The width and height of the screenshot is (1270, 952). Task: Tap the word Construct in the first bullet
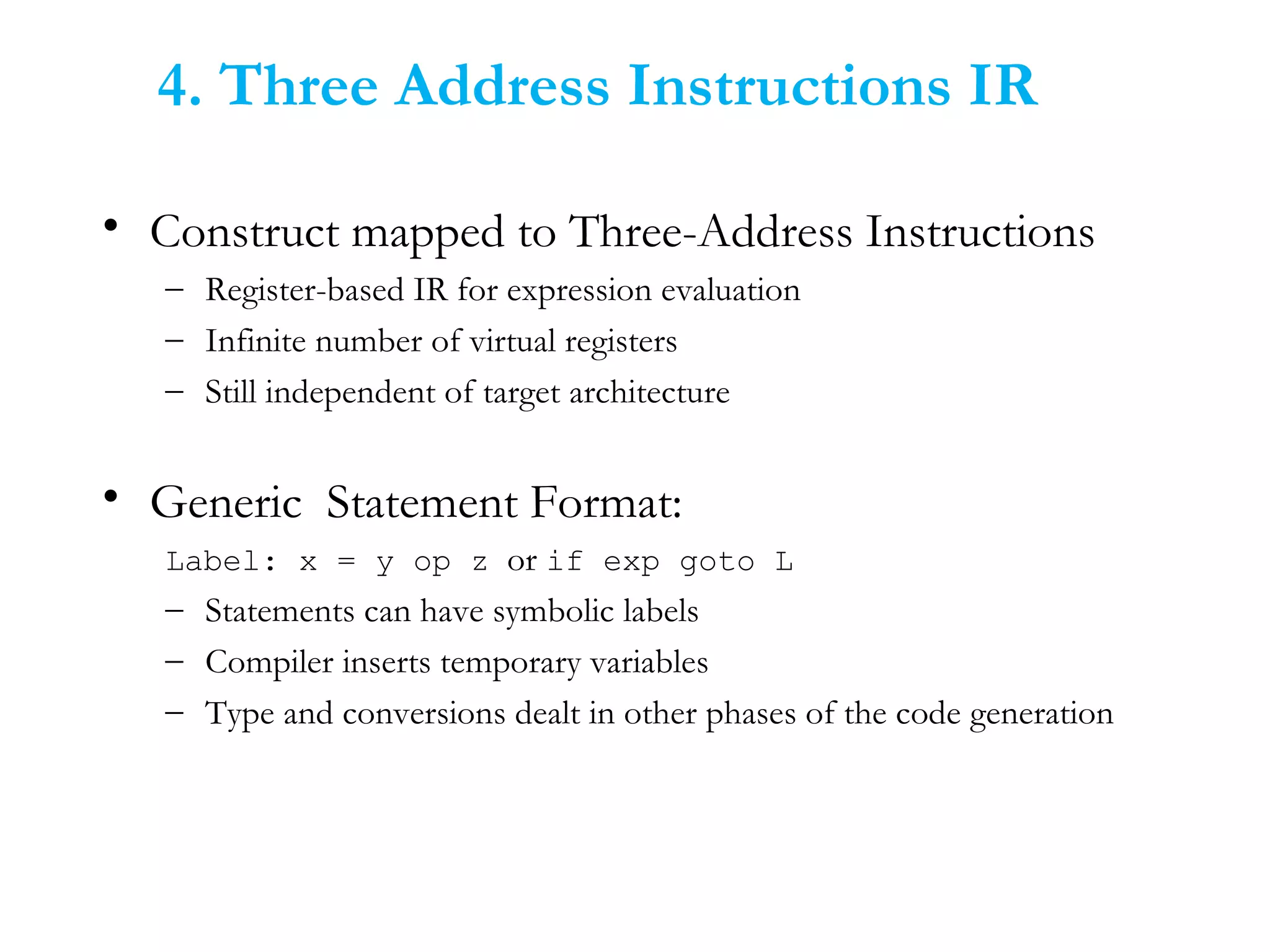[x=244, y=232]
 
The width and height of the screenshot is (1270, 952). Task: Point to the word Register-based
[x=304, y=290]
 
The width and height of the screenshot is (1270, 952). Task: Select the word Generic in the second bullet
[x=226, y=503]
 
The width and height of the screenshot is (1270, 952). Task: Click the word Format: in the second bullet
[x=606, y=503]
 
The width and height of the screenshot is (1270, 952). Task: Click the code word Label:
[x=221, y=562]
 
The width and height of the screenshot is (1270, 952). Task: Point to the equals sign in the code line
[x=347, y=562]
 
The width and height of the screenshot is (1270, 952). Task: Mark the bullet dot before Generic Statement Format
[x=111, y=496]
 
